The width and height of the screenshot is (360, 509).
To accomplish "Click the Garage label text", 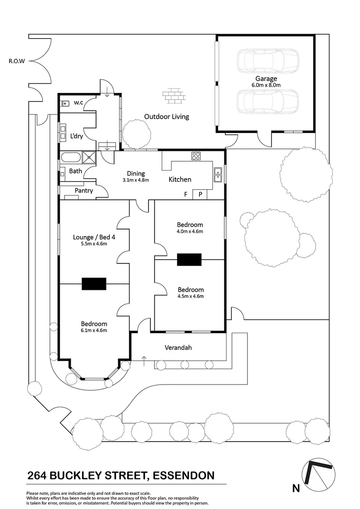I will [x=266, y=79].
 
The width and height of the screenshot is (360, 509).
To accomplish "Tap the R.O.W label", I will [x=16, y=61].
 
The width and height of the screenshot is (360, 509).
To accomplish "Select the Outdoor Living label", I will [x=166, y=116].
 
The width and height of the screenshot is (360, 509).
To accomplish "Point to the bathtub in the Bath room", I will [x=71, y=157].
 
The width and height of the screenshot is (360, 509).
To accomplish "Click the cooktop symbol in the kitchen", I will [x=196, y=156].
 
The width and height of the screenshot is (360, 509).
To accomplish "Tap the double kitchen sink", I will [x=218, y=174].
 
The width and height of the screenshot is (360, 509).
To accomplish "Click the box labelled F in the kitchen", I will [x=186, y=194].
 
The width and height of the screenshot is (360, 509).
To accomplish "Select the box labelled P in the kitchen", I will [x=200, y=194].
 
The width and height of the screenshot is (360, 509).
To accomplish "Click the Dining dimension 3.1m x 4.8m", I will [x=136, y=180].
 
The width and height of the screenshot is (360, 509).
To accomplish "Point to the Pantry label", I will [x=84, y=191].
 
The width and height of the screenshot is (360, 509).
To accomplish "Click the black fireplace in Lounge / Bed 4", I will [x=94, y=284].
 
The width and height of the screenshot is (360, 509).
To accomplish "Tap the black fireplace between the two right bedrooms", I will [x=189, y=260].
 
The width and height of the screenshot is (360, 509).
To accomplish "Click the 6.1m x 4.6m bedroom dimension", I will [x=94, y=330].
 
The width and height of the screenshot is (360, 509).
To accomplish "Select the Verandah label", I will [x=178, y=348].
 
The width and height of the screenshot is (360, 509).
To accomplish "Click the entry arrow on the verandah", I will [x=144, y=361].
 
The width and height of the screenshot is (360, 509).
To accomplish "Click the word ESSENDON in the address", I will [x=182, y=475].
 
